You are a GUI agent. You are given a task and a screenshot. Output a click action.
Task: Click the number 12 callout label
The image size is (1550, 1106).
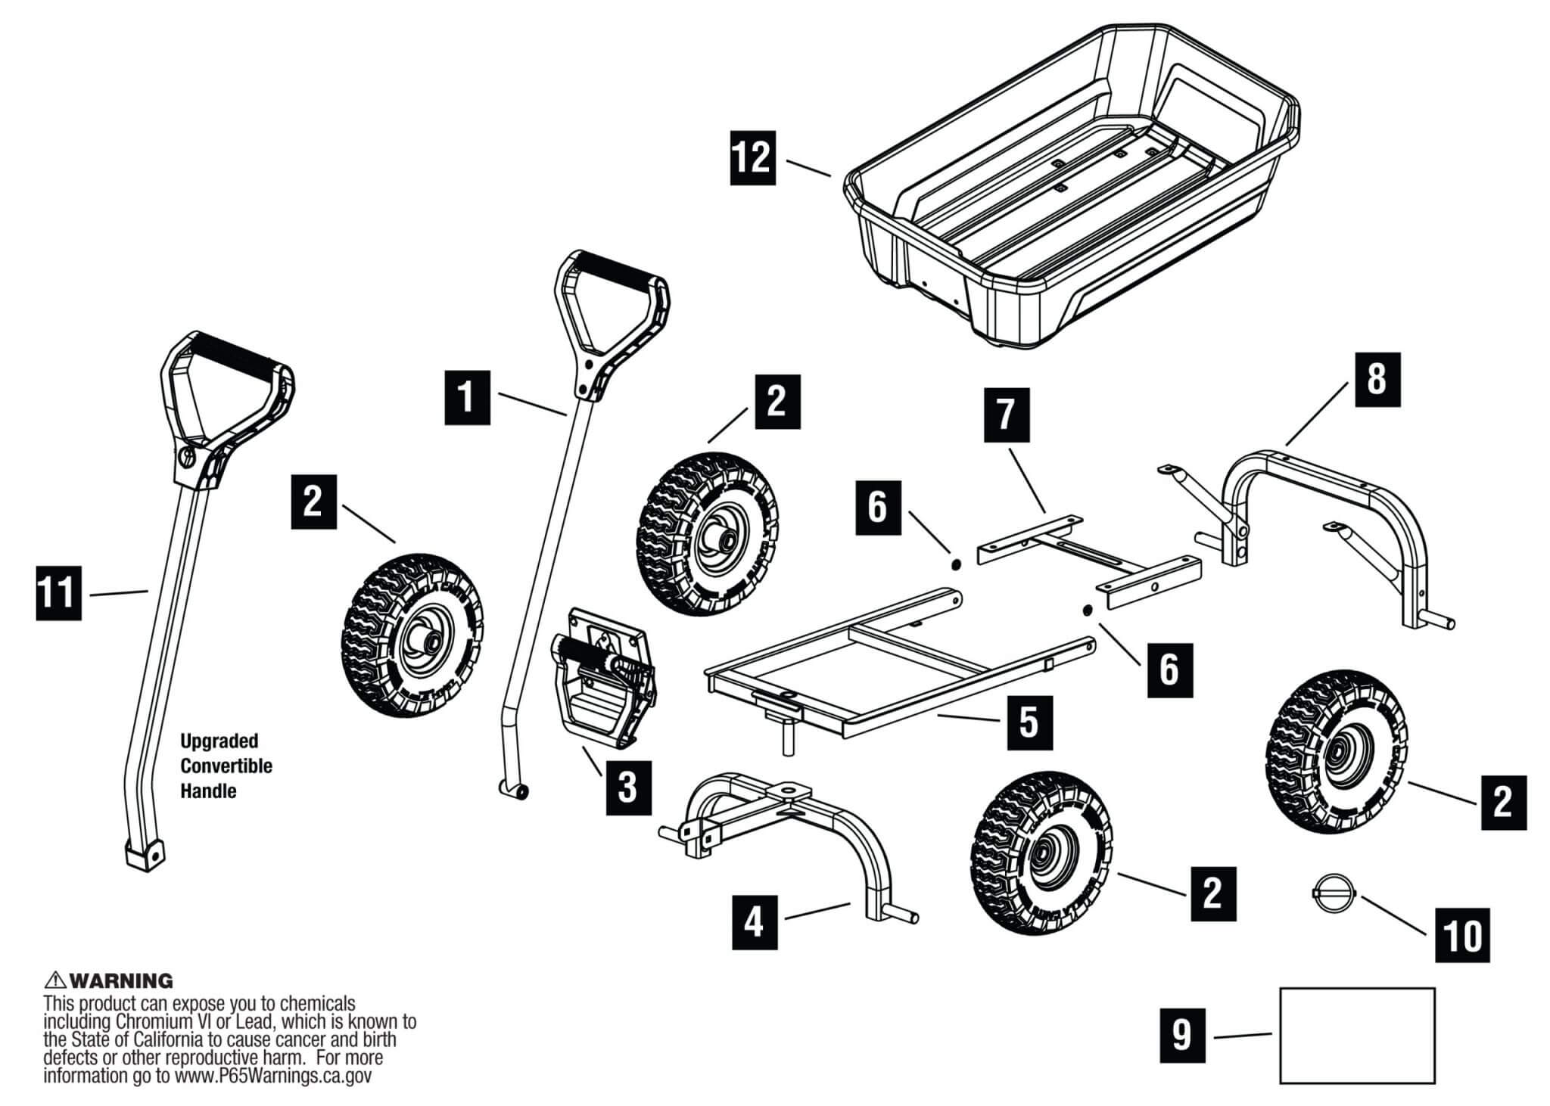(752, 158)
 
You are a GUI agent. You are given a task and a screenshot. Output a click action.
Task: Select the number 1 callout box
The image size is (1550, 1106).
(467, 396)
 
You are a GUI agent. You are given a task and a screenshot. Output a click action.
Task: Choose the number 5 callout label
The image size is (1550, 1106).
(1029, 722)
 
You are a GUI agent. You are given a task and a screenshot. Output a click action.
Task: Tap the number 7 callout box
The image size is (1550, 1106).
(1006, 415)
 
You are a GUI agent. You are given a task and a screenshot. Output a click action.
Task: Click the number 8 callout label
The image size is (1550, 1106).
(1377, 380)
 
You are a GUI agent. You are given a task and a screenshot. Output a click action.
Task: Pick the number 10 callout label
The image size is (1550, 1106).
(1462, 937)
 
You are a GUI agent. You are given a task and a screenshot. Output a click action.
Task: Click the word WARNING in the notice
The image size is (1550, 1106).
(121, 981)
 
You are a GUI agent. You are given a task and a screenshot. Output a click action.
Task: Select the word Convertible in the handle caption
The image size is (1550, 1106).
(226, 766)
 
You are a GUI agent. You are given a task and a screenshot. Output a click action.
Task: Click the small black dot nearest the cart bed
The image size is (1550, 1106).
(956, 564)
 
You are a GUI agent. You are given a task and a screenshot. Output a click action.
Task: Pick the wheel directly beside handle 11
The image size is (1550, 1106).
(411, 635)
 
